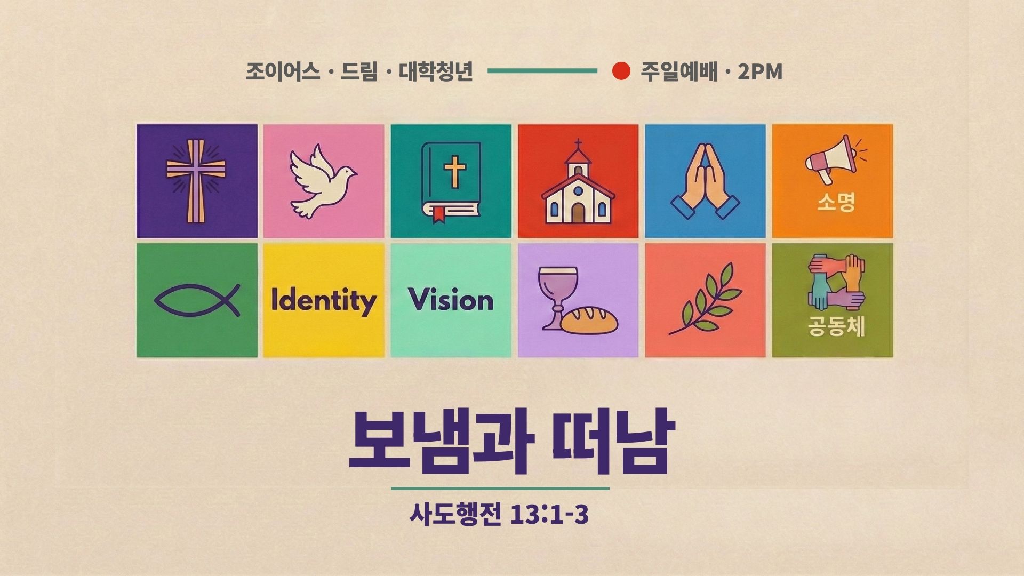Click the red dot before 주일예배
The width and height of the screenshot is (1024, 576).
click(621, 71)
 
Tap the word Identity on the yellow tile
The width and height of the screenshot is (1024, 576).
click(324, 300)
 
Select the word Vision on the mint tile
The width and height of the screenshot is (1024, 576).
click(451, 299)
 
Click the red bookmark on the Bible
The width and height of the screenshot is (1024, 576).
click(438, 214)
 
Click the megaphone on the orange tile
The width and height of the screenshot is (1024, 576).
click(832, 158)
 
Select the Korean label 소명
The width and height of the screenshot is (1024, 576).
click(836, 202)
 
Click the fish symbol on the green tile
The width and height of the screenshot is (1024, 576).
click(197, 300)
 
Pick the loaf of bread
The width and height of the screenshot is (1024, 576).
click(589, 321)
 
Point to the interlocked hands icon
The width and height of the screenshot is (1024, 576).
click(836, 282)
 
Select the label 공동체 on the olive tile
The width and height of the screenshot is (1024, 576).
click(836, 326)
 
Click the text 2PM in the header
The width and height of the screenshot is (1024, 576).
click(760, 71)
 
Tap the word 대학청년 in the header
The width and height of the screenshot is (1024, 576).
click(436, 71)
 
